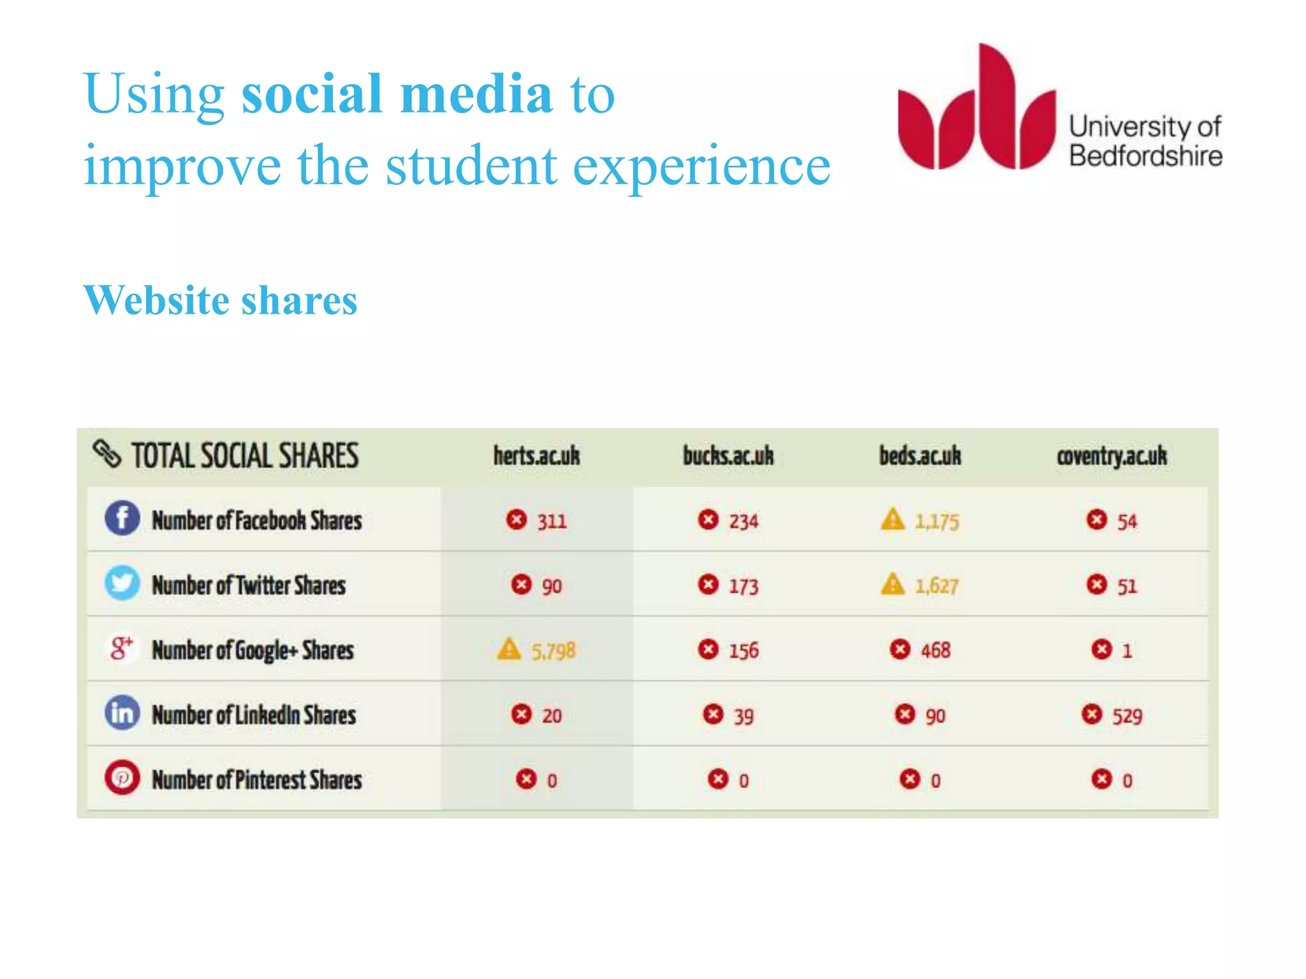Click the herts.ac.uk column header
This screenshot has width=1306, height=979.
(x=536, y=456)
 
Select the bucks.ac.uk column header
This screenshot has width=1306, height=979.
(x=728, y=456)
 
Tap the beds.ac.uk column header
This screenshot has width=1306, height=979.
(x=920, y=456)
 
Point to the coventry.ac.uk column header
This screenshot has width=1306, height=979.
(x=1112, y=456)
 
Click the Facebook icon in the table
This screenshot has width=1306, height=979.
(x=122, y=518)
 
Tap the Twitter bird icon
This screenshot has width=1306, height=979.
(x=122, y=583)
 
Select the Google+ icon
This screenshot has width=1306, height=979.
(x=122, y=648)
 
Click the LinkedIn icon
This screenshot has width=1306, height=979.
(x=122, y=713)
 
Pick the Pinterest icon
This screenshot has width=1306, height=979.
(x=122, y=778)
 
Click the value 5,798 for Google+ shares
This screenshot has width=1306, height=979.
(x=554, y=651)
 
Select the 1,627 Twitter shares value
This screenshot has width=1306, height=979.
(x=936, y=586)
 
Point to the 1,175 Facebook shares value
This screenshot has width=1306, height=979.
(x=937, y=522)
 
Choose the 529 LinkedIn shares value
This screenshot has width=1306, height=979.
(x=1127, y=716)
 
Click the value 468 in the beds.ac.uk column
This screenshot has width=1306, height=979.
(x=935, y=651)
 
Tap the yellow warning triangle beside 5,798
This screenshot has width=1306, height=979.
(x=509, y=649)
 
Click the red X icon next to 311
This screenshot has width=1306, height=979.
(x=517, y=519)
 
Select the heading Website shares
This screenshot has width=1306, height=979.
(x=220, y=300)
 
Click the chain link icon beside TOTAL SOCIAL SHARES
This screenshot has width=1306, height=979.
(x=106, y=454)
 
